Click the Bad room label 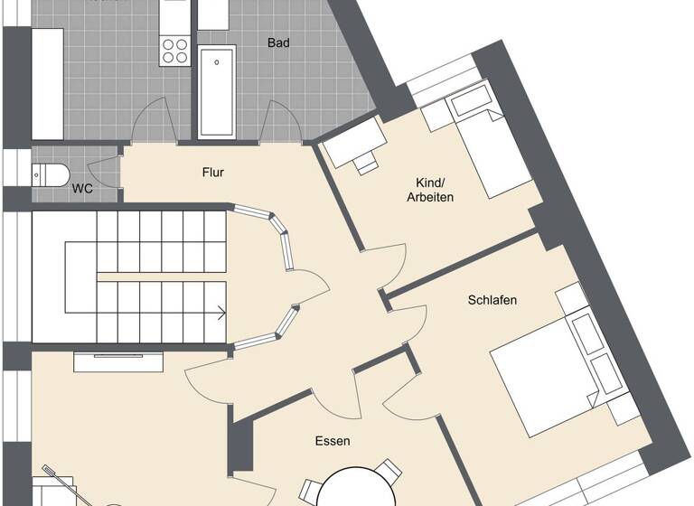[x=279, y=42]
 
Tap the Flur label [x=213, y=173]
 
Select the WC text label [x=82, y=189]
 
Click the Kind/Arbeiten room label [x=430, y=190]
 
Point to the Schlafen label [x=492, y=300]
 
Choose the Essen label [x=333, y=442]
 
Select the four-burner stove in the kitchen [x=174, y=51]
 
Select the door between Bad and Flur [x=281, y=122]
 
